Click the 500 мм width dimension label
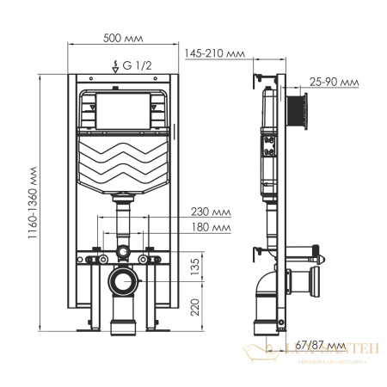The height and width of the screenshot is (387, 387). click(123, 39)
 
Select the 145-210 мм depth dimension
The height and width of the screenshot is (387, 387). click(215, 54)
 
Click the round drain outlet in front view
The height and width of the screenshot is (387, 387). click(124, 281)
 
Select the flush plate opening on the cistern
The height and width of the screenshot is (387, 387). click(124, 109)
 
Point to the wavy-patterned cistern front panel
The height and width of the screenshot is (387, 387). click(124, 163)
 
